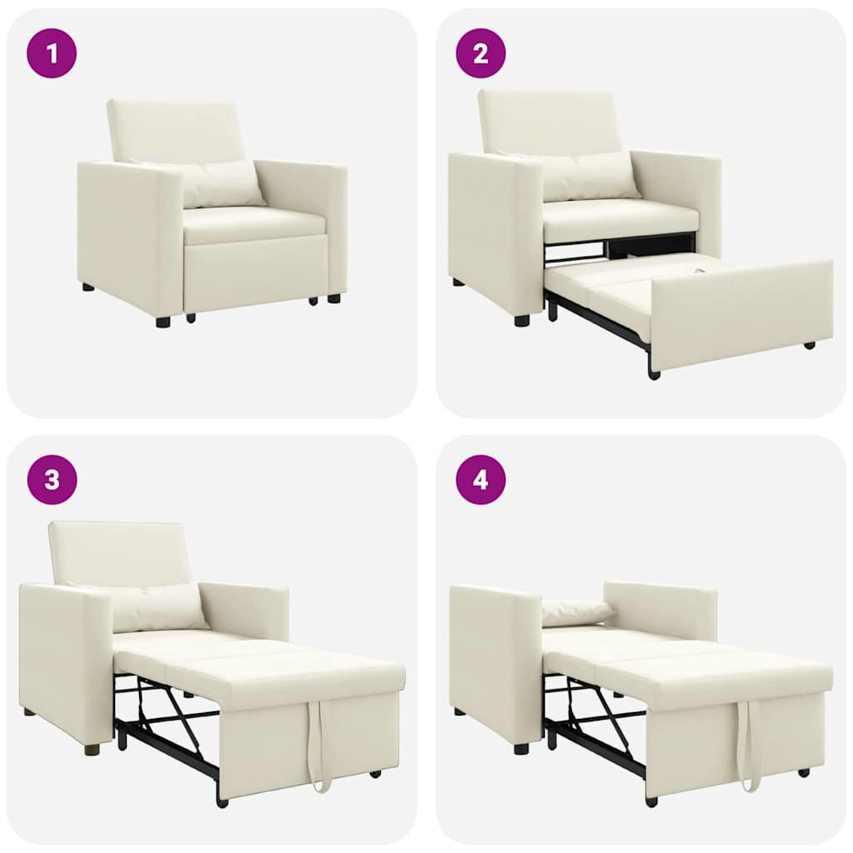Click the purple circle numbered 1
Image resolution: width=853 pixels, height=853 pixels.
coord(52,53)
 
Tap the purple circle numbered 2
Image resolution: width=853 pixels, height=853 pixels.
coord(481,53)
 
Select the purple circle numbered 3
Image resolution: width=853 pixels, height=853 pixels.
coord(52,480)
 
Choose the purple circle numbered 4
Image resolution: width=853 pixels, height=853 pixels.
coord(481,480)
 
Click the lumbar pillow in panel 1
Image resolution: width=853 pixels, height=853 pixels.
coord(222,183)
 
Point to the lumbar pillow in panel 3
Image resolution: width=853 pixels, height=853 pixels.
coord(158,606)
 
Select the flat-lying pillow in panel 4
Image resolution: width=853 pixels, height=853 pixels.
coord(576,612)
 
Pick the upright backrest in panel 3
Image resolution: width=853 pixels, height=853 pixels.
coord(117,551)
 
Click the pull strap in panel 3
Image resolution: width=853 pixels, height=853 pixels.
coord(317,746)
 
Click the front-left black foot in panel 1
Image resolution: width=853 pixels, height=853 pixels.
coord(162,321)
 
